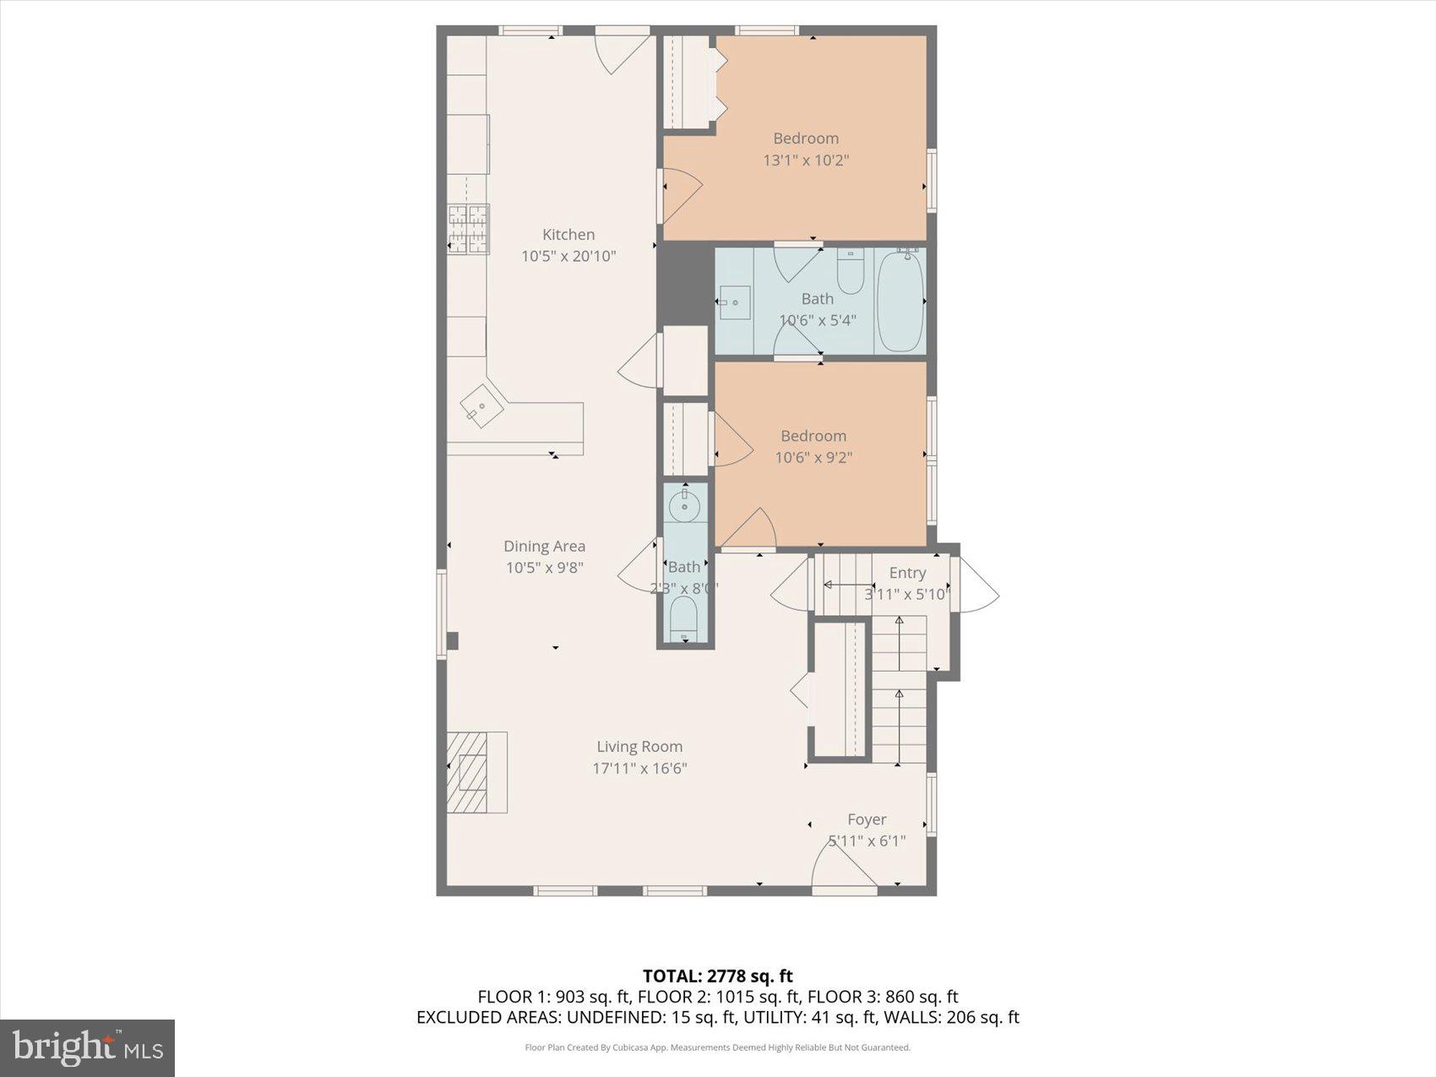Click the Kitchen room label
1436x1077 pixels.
pyautogui.click(x=568, y=235)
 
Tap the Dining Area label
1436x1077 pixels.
pyautogui.click(x=544, y=547)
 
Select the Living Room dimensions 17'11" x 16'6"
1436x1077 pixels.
pyautogui.click(x=639, y=768)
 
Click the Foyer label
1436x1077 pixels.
pyautogui.click(x=867, y=819)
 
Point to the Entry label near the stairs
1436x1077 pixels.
pyautogui.click(x=907, y=573)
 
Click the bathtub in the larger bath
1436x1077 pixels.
pyautogui.click(x=900, y=301)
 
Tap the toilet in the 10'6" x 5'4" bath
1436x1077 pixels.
pyautogui.click(x=850, y=272)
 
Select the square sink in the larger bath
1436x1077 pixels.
pyautogui.click(x=735, y=302)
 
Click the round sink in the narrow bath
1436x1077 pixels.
pyautogui.click(x=684, y=507)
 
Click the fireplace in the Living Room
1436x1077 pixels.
pyautogui.click(x=476, y=772)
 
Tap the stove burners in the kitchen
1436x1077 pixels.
pyautogui.click(x=468, y=229)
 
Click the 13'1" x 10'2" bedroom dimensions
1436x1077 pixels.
pyautogui.click(x=806, y=160)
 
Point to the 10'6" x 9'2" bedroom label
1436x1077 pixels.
pyautogui.click(x=813, y=436)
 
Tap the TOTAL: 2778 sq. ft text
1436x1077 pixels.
pyautogui.click(x=717, y=976)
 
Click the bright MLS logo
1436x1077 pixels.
pyautogui.click(x=87, y=1047)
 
